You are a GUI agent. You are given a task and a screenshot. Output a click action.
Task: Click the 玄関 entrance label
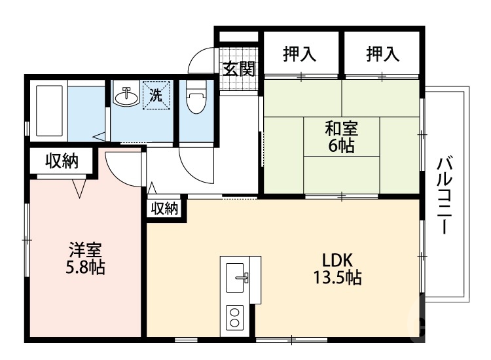click(x=238, y=69)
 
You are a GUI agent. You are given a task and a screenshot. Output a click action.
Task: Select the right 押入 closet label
click(x=383, y=54)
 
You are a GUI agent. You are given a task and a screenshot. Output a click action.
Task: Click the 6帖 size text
click(x=341, y=146)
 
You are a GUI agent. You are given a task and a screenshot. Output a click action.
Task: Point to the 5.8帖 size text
click(x=86, y=268)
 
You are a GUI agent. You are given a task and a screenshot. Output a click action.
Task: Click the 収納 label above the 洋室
click(x=62, y=162)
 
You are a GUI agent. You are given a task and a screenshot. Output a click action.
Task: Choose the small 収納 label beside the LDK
click(x=165, y=209)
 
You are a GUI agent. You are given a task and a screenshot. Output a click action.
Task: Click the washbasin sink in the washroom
click(x=126, y=98)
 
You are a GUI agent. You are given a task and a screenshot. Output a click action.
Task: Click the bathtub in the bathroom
click(x=48, y=109)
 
